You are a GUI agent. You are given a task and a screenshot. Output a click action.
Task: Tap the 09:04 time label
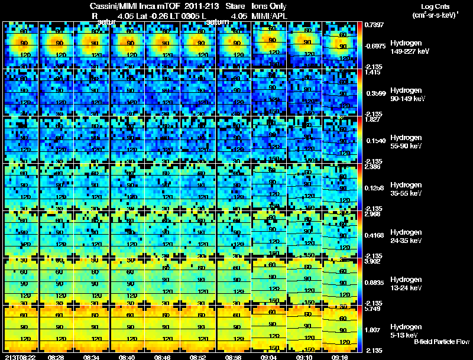click(270, 356)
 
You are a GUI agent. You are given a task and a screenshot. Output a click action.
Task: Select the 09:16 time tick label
click(341, 356)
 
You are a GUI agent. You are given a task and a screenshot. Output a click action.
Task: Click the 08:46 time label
click(163, 356)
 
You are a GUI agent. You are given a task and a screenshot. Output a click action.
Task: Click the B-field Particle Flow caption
click(441, 342)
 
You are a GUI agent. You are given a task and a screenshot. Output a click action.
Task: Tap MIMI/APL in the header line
click(270, 16)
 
